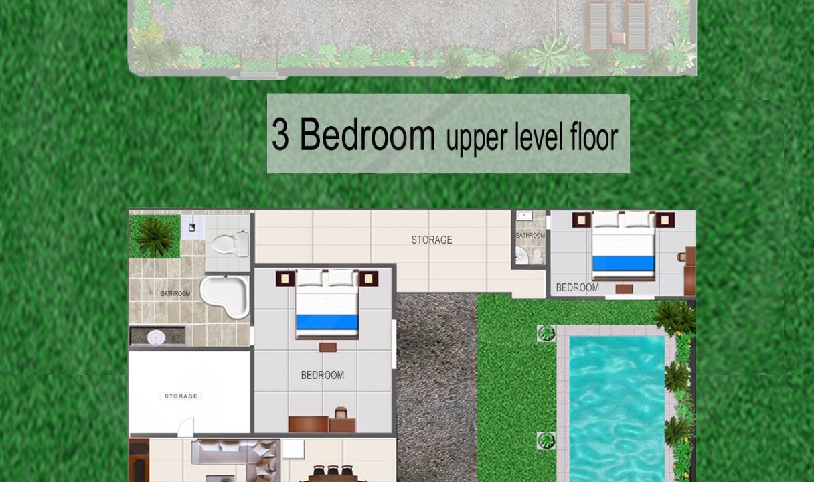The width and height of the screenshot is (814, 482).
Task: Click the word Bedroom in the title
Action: tap(368, 134)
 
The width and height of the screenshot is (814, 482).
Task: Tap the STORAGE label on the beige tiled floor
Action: tap(432, 240)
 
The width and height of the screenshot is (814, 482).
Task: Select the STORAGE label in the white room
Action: tap(181, 396)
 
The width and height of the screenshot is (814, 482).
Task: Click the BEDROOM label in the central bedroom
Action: tap(323, 375)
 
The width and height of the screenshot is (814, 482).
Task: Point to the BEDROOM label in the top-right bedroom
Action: tap(578, 288)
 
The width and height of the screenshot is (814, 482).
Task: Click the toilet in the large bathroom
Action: tap(230, 244)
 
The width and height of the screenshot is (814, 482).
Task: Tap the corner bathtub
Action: tap(224, 296)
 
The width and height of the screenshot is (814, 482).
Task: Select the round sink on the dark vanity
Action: tap(156, 337)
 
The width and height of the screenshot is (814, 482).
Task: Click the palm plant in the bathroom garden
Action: tap(155, 238)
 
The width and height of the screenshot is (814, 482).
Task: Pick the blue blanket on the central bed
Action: tap(327, 322)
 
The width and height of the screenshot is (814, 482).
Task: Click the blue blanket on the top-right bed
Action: tap(624, 263)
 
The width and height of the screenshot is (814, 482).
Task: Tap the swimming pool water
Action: tap(617, 409)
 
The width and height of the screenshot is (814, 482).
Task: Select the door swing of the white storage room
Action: tap(185, 428)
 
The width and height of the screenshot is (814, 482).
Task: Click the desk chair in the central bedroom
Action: tap(341, 413)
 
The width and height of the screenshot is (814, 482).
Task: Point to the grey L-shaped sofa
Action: tap(236, 459)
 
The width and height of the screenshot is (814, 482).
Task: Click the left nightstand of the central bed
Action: tap(285, 278)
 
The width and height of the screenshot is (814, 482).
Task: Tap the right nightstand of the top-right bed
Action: tap(665, 220)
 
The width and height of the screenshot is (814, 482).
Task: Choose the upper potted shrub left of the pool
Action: tap(546, 333)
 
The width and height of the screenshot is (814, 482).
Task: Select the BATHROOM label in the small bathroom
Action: tap(531, 236)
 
